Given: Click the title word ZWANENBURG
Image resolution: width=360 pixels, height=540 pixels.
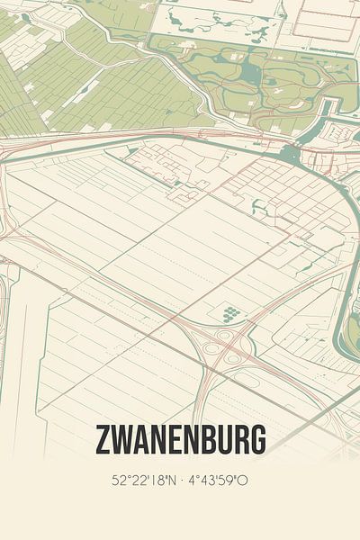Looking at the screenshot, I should click(180, 441).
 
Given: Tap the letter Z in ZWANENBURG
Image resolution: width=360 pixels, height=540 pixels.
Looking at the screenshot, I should click(102, 441).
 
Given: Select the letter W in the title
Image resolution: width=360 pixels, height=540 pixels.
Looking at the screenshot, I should click(121, 441).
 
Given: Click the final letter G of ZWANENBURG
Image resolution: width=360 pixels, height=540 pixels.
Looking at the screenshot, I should click(258, 441).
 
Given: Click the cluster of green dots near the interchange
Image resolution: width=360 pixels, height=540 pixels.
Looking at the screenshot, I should click(231, 313).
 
